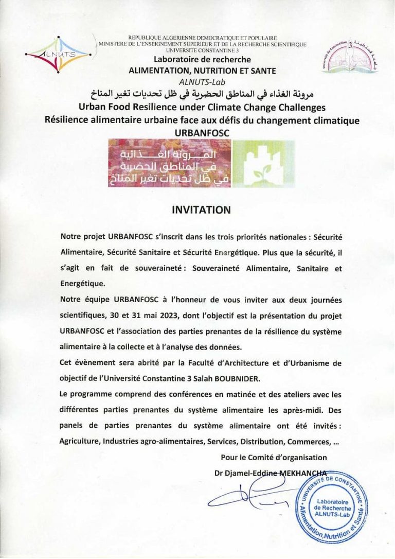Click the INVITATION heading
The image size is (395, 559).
coord(201,210)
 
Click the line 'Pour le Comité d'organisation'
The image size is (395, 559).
coord(274,457)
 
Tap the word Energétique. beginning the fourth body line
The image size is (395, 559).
coord(82,283)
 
